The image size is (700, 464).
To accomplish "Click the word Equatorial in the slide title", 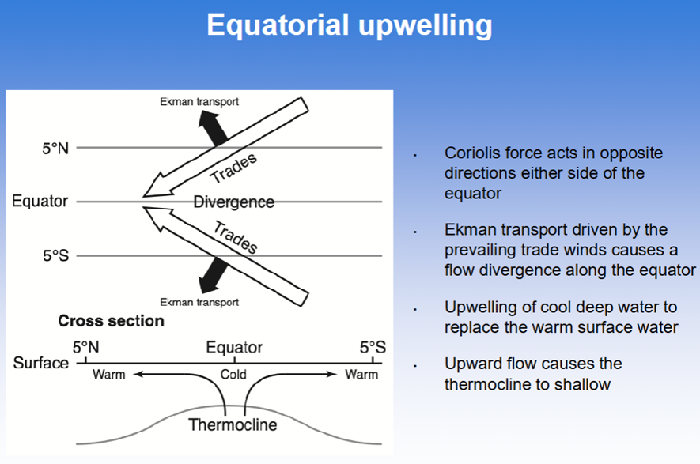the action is (278, 25).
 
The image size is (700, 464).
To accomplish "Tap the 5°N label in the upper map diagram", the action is (55, 148).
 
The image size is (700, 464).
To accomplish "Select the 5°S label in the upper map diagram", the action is (56, 255).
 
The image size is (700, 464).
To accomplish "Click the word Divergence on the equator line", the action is (233, 202).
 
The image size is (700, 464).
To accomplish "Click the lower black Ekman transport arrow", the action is (213, 275).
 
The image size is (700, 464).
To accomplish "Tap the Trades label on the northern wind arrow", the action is (233, 168).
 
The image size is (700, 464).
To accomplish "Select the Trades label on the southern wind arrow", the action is (235, 237).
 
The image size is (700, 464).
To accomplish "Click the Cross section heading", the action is (112, 321).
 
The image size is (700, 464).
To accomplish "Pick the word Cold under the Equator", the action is (233, 375).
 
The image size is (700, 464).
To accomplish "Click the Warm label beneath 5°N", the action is (109, 375).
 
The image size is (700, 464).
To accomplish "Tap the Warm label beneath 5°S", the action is (361, 375).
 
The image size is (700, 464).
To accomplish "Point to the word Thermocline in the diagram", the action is (233, 424).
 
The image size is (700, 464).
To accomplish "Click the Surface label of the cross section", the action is (40, 363).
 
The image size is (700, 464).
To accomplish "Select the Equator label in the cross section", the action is (234, 347).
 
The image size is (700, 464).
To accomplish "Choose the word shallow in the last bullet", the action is (582, 385).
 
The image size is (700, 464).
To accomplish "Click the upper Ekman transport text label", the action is (199, 102).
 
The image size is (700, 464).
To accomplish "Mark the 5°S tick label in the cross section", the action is (373, 347).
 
